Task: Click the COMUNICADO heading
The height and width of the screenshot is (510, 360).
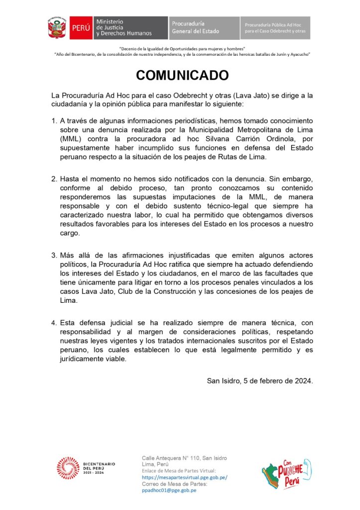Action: (182, 75)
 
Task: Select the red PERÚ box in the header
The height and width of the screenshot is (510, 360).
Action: (80, 28)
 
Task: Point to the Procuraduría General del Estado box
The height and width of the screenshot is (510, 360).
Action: (203, 28)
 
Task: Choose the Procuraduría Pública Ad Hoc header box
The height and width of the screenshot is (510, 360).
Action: (275, 28)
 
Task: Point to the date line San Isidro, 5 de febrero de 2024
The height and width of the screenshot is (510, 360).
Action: (260, 381)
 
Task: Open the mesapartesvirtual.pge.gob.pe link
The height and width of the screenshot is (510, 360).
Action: (185, 477)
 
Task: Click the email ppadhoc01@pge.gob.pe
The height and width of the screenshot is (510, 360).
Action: (169, 490)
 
